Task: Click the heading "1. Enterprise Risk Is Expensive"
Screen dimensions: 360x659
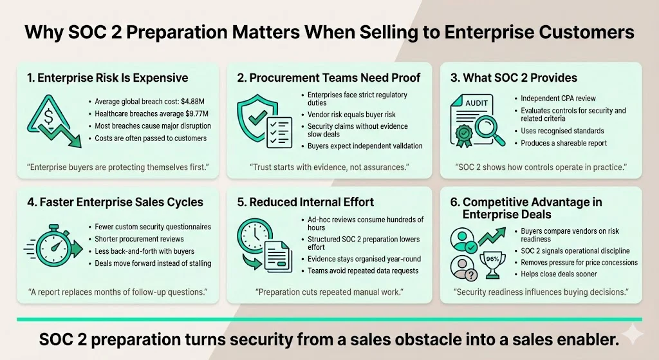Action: tap(107, 78)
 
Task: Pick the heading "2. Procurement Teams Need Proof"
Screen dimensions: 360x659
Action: tap(328, 78)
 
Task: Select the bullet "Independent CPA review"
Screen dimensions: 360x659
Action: tap(559, 99)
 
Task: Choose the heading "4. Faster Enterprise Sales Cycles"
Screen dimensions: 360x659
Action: tap(115, 202)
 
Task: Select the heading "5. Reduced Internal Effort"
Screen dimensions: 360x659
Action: tap(305, 202)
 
